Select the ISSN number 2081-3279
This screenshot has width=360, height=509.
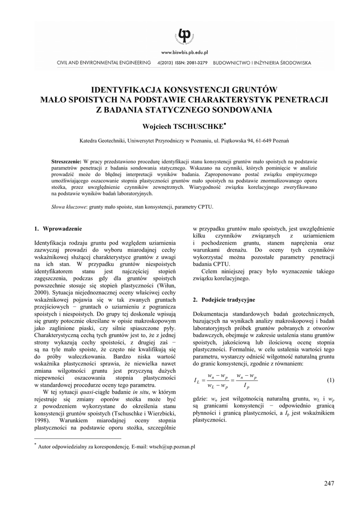tap(196, 63)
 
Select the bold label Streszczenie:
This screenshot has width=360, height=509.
tap(67, 163)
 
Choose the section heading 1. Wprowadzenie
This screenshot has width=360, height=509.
tap(58, 229)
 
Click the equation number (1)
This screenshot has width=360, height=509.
tap(330, 380)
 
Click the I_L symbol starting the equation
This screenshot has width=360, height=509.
tap(196, 381)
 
